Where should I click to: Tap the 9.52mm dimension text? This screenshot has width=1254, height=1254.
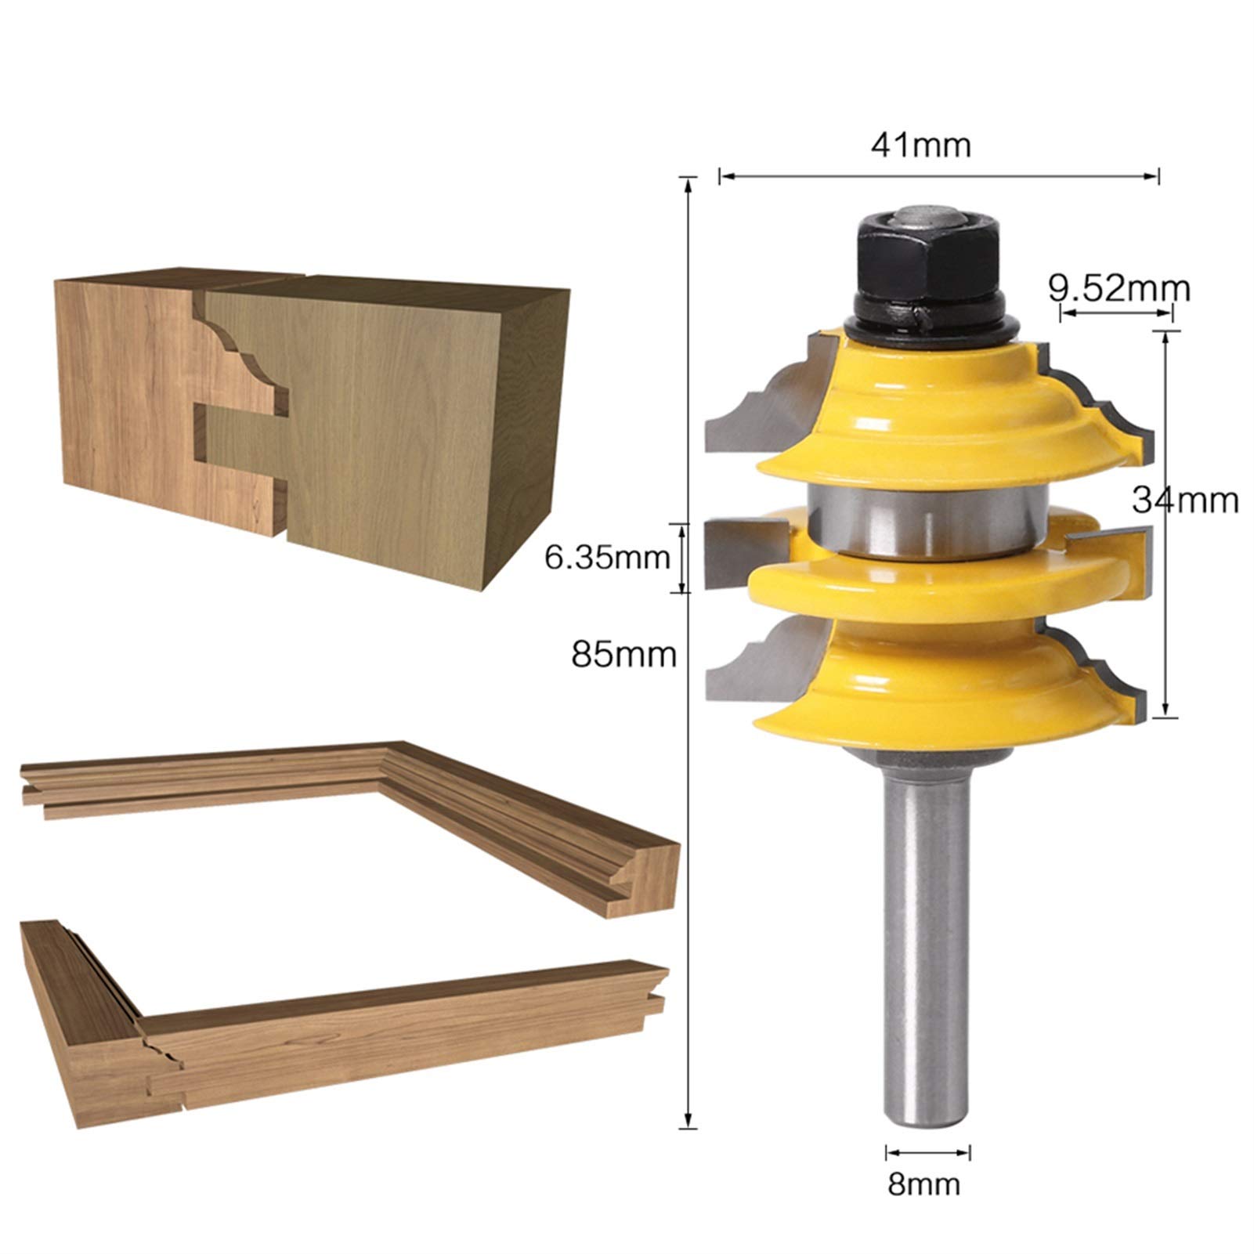pyautogui.click(x=1119, y=289)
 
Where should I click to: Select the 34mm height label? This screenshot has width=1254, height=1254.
pyautogui.click(x=1185, y=500)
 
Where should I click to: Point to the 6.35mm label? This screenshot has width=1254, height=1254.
pyautogui.click(x=607, y=558)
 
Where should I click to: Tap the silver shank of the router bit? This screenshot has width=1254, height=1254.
pyautogui.click(x=928, y=940)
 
